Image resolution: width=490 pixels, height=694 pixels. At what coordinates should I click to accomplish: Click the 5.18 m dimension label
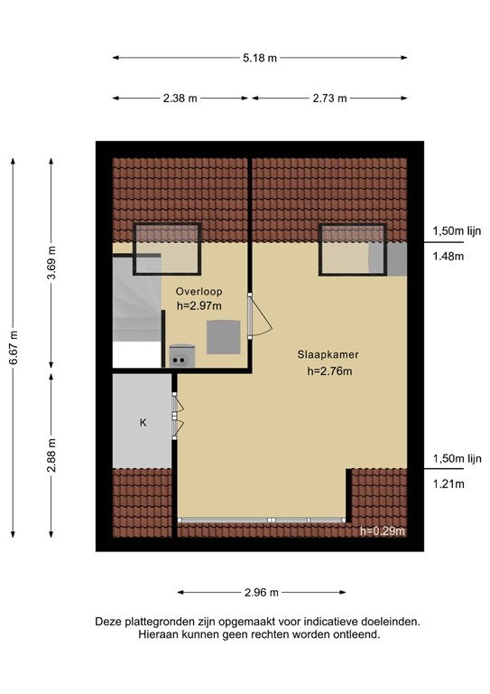point(259,58)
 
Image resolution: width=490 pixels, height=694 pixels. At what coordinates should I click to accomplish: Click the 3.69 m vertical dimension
point(51,263)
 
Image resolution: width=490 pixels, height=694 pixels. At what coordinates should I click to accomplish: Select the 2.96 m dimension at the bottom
point(261,593)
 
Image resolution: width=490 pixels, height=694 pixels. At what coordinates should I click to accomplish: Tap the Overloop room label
point(199,292)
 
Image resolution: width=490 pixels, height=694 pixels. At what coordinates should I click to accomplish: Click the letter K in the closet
point(143,422)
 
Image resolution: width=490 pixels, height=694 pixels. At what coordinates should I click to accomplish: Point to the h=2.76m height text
point(329,370)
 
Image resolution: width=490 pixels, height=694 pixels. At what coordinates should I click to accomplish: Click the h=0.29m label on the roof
point(383,531)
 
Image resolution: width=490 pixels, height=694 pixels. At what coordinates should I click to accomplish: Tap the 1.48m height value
point(448,257)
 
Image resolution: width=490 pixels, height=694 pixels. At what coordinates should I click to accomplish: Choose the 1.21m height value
point(448,484)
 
